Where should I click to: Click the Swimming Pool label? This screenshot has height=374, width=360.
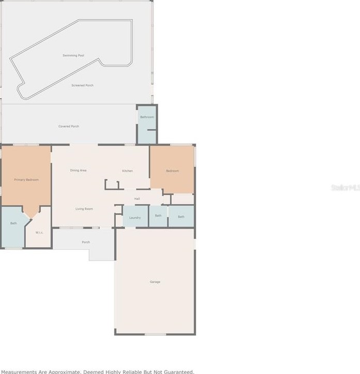(x=73, y=55)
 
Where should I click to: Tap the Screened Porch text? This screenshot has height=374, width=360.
(x=82, y=85)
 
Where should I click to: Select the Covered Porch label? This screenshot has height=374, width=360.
(x=68, y=126)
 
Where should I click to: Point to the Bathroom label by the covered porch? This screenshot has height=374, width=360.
(x=147, y=117)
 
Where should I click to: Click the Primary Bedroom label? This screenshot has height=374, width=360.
(x=26, y=180)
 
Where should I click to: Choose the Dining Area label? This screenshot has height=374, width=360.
(x=78, y=170)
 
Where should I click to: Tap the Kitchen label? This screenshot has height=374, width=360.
(x=127, y=171)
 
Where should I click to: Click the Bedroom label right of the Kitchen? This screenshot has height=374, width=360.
(x=172, y=171)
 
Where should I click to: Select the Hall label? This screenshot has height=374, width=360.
(x=137, y=198)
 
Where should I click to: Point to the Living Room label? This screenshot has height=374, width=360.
(x=84, y=209)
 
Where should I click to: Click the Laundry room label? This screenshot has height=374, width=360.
(x=135, y=217)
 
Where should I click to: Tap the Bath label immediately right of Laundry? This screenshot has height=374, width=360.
(x=158, y=215)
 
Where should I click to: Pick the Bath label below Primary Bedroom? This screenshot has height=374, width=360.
(x=13, y=223)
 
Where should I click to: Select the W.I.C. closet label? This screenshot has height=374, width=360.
(x=39, y=232)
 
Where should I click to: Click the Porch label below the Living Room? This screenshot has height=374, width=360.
(x=86, y=242)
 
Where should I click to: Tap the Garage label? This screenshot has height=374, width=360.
(x=155, y=282)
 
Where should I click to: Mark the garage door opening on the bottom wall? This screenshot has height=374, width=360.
(x=155, y=334)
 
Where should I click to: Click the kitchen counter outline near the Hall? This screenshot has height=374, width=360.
(x=112, y=184)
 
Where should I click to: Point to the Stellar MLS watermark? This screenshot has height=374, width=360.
(x=345, y=187)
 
